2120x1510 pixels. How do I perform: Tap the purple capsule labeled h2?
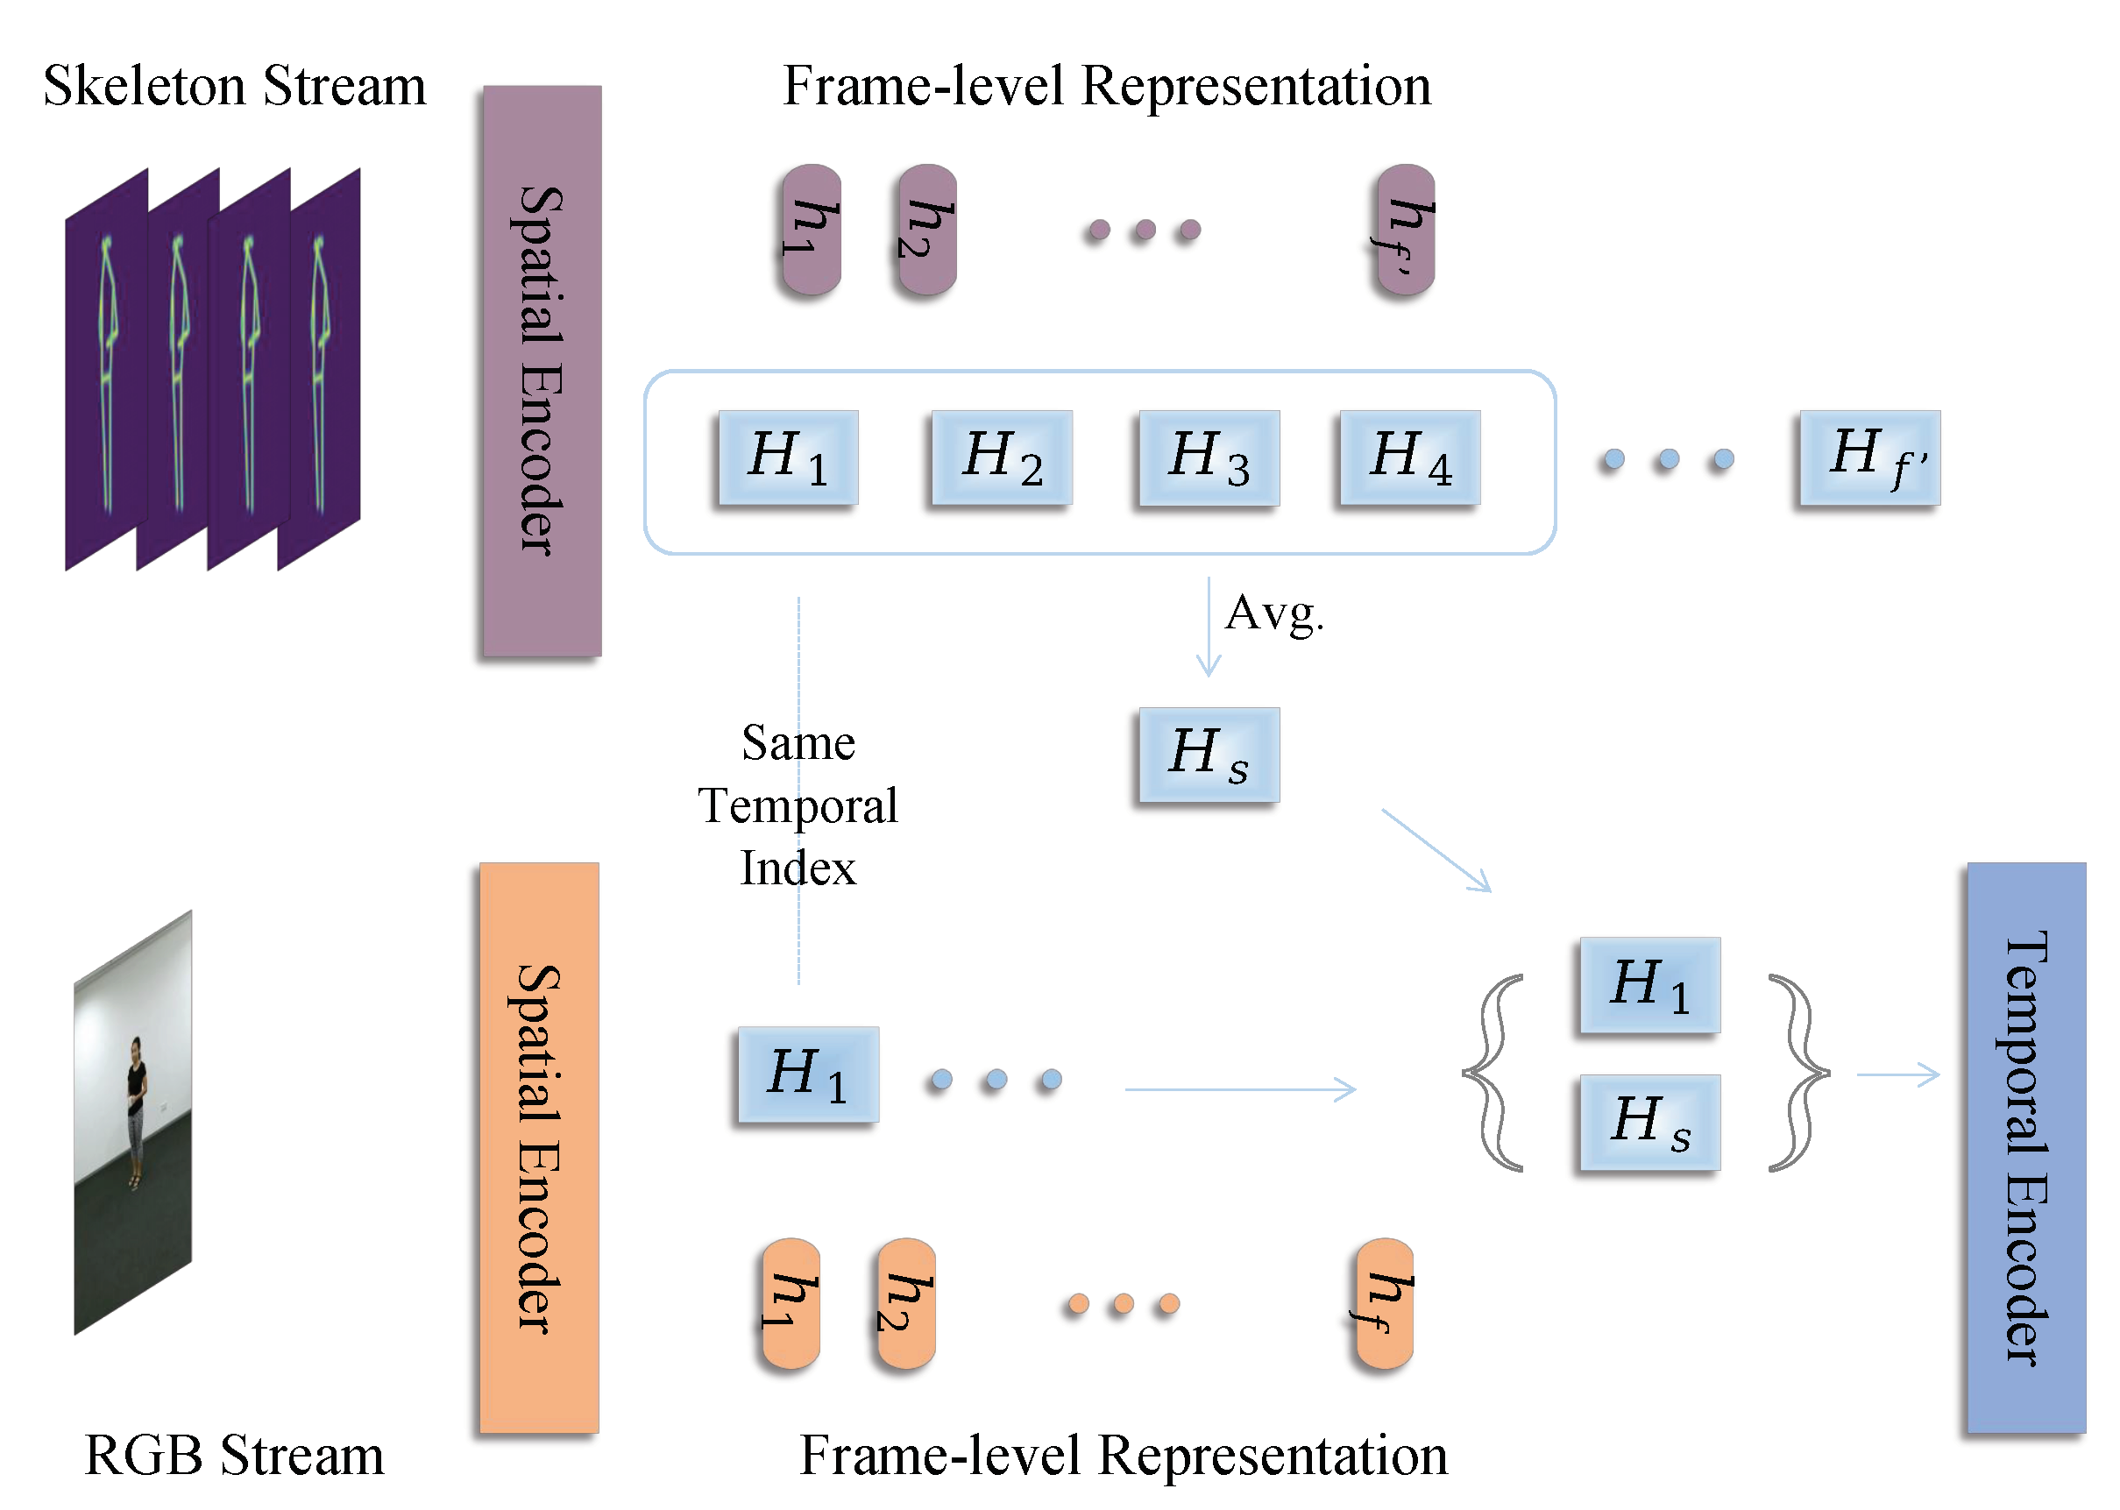pos(926,230)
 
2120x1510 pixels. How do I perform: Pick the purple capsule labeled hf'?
pos(1405,230)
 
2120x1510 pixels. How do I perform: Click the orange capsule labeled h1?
pos(791,1302)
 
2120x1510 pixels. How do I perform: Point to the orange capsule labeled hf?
pos(1384,1302)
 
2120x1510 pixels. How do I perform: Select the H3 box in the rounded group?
pos(1209,457)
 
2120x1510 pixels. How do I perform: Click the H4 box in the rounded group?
pos(1408,457)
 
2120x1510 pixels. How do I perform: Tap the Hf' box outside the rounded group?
pos(1869,457)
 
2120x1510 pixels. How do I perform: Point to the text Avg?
pos(1274,613)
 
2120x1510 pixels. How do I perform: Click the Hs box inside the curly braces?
pos(1649,1122)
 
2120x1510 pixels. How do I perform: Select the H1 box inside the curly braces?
pos(1649,985)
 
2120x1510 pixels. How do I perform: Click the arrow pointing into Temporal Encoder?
pos(1897,1074)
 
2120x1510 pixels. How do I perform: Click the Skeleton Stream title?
pos(234,86)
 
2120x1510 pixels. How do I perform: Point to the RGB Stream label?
pos(234,1454)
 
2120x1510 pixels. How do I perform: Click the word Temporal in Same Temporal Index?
pos(798,805)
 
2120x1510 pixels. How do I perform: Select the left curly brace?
pos(1493,1072)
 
